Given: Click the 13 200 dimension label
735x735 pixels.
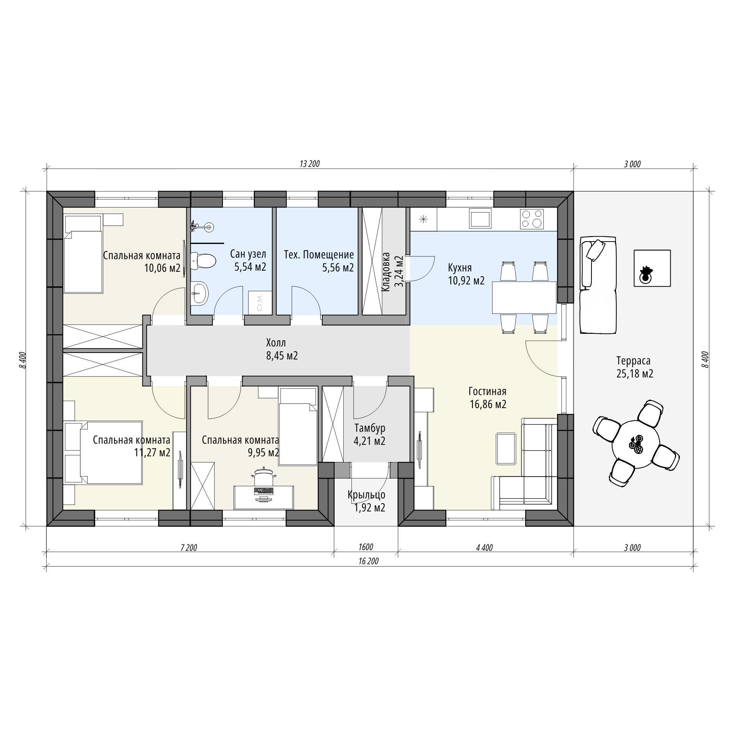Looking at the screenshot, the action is tap(310, 164).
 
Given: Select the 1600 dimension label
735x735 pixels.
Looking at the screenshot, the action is tap(366, 547).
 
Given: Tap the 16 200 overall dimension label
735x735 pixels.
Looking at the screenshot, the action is tap(369, 561).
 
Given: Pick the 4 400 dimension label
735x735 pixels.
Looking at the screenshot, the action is tap(484, 548).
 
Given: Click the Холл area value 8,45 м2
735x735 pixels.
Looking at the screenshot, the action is tap(282, 356).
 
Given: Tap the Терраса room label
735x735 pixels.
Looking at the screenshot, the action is tap(634, 360).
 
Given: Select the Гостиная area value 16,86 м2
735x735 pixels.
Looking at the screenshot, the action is tap(488, 404).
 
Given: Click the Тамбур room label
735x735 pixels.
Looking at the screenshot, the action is tap(370, 428).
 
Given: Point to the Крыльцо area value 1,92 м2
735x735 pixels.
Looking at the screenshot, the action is tap(370, 508).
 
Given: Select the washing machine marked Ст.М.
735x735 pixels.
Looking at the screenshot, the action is tap(260, 303).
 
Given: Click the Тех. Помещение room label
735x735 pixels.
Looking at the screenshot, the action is tap(319, 254).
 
